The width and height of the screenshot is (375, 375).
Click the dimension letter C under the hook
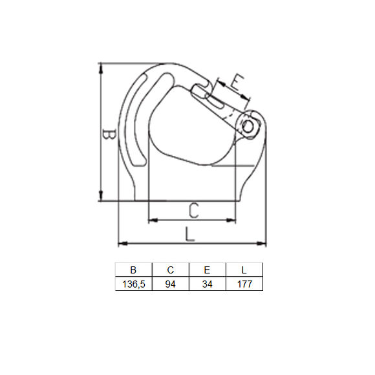(193, 210)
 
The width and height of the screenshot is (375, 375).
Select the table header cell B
(133, 270)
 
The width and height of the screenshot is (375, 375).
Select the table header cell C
(170, 270)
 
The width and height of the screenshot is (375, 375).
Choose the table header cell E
(207, 270)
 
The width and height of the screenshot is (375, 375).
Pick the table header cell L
(244, 270)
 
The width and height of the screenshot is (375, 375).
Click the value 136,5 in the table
(133, 284)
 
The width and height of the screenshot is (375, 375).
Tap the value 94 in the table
(170, 284)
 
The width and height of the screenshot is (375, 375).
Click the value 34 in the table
(207, 284)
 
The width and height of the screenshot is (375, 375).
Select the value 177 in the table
(244, 284)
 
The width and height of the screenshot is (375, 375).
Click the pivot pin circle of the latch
(250, 125)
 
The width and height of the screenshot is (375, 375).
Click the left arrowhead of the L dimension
(121, 244)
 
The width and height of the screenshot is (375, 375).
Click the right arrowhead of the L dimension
(263, 244)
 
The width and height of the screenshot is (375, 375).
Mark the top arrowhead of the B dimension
(101, 67)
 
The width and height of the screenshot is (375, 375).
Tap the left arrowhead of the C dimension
(152, 220)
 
